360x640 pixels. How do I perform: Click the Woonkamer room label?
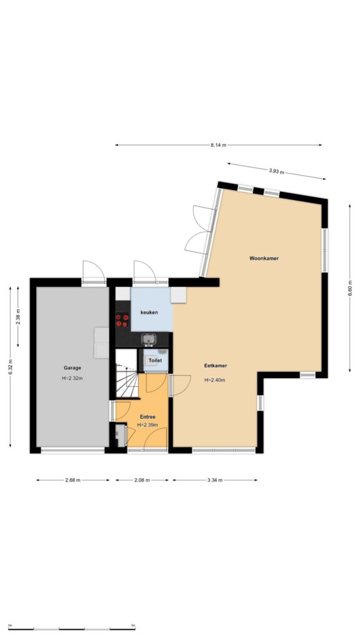coord(264,258)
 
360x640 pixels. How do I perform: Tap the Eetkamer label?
coord(216,366)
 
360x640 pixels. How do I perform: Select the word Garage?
coord(72,367)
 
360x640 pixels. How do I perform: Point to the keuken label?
coord(149,312)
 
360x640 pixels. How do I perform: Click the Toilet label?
coord(155,361)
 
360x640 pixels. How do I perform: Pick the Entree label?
coord(147,417)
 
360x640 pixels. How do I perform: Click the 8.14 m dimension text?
coord(218,145)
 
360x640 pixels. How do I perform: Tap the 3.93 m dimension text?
coord(276,171)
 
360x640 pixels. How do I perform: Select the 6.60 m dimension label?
coord(350,288)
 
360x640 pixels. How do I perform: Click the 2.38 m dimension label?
coord(18,317)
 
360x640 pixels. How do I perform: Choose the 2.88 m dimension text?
coord(73,480)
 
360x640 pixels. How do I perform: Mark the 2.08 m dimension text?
coord(142,480)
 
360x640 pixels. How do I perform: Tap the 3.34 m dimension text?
coord(215,480)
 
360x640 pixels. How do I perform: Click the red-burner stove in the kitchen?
coord(122,319)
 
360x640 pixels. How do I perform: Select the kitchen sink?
coord(149,339)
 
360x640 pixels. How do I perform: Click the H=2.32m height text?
coord(72,378)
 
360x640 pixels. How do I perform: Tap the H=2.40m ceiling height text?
coord(215,380)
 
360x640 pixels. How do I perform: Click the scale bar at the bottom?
coord(71,629)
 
